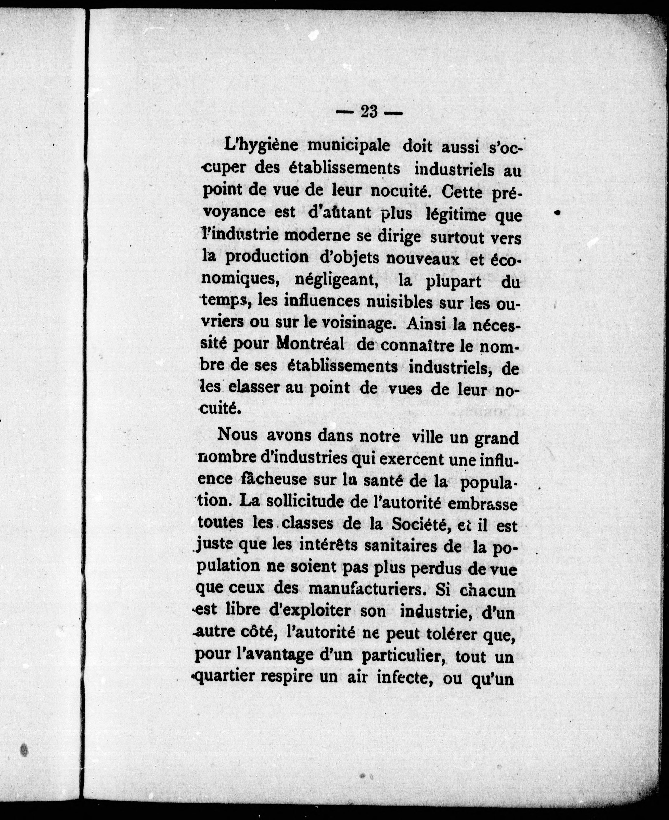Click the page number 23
pyautogui.click(x=369, y=112)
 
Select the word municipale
pyautogui.click(x=349, y=146)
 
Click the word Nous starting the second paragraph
pyautogui.click(x=237, y=435)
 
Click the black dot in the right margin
pyautogui.click(x=557, y=212)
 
